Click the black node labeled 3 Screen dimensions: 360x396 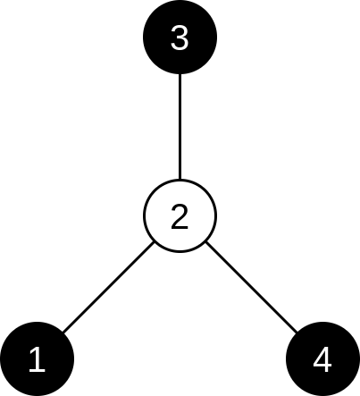[x=180, y=37]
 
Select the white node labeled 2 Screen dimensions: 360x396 [x=180, y=216]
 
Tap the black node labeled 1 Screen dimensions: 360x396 [x=37, y=359]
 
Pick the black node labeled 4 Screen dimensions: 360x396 [x=322, y=359]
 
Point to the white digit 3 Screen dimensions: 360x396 [x=180, y=38]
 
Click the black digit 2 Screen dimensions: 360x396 [x=180, y=216]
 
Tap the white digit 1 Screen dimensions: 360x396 [x=37, y=359]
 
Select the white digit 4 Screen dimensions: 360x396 [x=322, y=359]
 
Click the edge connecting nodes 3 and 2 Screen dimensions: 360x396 [x=180, y=127]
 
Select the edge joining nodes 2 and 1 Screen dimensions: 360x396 [x=108, y=287]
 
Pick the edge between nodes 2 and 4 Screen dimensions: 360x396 [x=251, y=287]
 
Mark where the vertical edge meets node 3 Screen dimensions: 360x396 [x=180, y=74]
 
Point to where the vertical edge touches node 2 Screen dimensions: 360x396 [x=180, y=180]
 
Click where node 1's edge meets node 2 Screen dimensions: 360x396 [x=155, y=242]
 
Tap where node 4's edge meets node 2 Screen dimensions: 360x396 [x=205, y=242]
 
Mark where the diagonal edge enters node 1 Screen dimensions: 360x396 [x=63, y=333]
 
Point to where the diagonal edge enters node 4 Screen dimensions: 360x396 [x=297, y=333]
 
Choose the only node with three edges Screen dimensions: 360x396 [x=180, y=216]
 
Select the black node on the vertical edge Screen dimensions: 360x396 [x=180, y=37]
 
